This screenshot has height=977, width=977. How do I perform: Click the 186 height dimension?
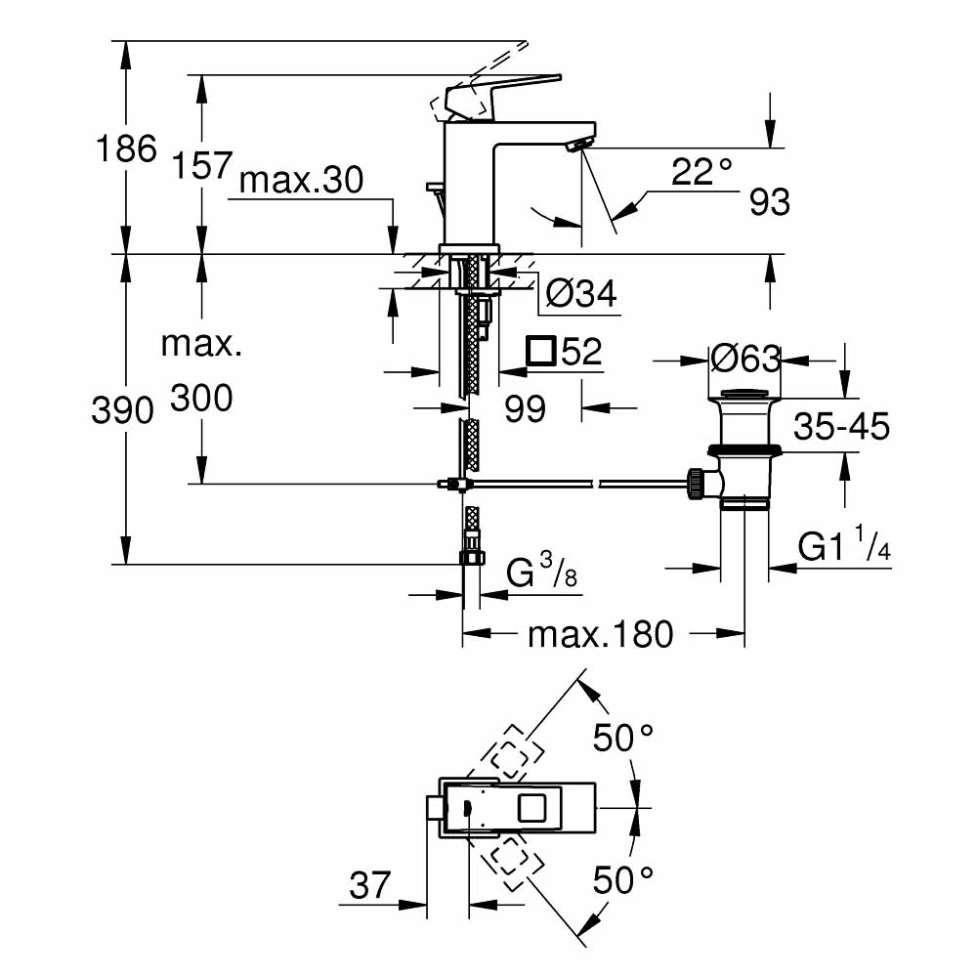[125, 149]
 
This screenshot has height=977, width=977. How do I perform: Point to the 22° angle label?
[701, 173]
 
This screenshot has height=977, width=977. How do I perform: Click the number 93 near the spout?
[770, 202]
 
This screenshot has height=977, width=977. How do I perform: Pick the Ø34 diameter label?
[580, 293]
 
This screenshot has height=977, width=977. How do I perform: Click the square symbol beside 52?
[540, 352]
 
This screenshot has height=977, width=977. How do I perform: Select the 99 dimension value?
[525, 409]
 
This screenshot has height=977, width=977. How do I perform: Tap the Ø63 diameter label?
[745, 360]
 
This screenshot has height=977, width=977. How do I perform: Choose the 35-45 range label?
[841, 427]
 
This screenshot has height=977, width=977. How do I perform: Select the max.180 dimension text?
[601, 635]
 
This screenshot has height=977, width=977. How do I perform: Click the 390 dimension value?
[123, 411]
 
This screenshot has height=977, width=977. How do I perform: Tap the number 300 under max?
[201, 398]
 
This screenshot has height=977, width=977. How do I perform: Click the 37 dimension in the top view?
[370, 887]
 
